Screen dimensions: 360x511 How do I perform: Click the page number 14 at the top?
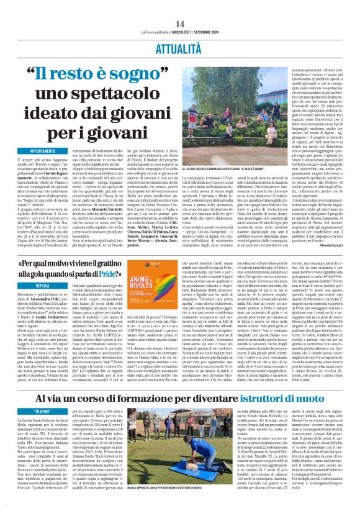pos(180,7)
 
